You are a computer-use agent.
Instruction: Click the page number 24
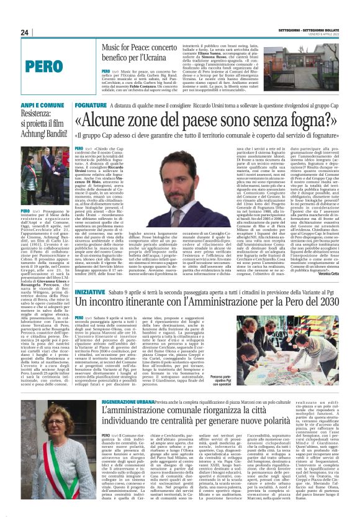coord(24,32)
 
